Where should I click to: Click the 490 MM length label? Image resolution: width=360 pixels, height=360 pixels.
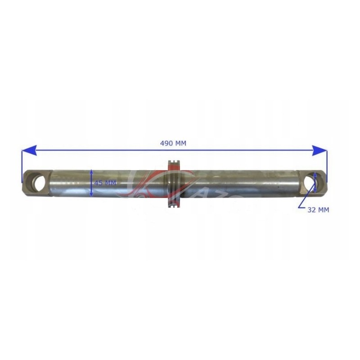coord(173,143)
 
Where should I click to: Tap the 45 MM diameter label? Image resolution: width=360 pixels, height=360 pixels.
coord(105,183)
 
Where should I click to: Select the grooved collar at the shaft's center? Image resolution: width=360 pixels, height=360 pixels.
coord(174,184)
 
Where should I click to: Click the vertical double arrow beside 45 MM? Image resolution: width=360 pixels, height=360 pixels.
coord(91,183)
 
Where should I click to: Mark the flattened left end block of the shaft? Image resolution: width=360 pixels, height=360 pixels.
coord(38,182)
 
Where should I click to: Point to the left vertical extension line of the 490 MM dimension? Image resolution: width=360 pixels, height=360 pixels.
coord(22,166)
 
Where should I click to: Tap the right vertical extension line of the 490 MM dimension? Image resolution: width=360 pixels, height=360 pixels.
coord(327,166)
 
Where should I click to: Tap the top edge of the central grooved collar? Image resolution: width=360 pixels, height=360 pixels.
coord(174,161)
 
